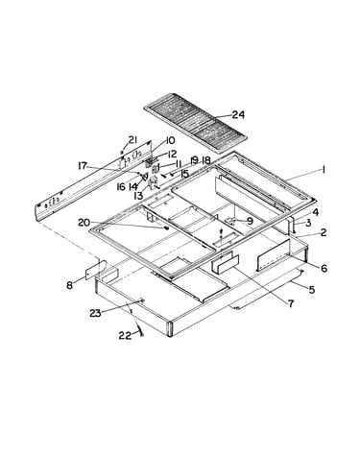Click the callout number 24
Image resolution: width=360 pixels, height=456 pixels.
coord(238,114)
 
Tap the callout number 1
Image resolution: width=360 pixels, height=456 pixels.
coord(324,171)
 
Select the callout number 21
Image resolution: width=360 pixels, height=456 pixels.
coord(132,140)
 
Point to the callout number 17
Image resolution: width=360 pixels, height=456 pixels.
coord(83,166)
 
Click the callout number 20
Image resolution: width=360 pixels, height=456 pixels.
coord(84,223)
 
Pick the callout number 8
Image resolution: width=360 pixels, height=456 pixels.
coord(69,285)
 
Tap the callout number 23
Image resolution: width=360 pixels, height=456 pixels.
coord(95,313)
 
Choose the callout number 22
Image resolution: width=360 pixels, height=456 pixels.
coord(125,336)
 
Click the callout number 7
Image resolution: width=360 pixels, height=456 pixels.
coord(291,303)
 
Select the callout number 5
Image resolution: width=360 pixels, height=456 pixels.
coord(312,290)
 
